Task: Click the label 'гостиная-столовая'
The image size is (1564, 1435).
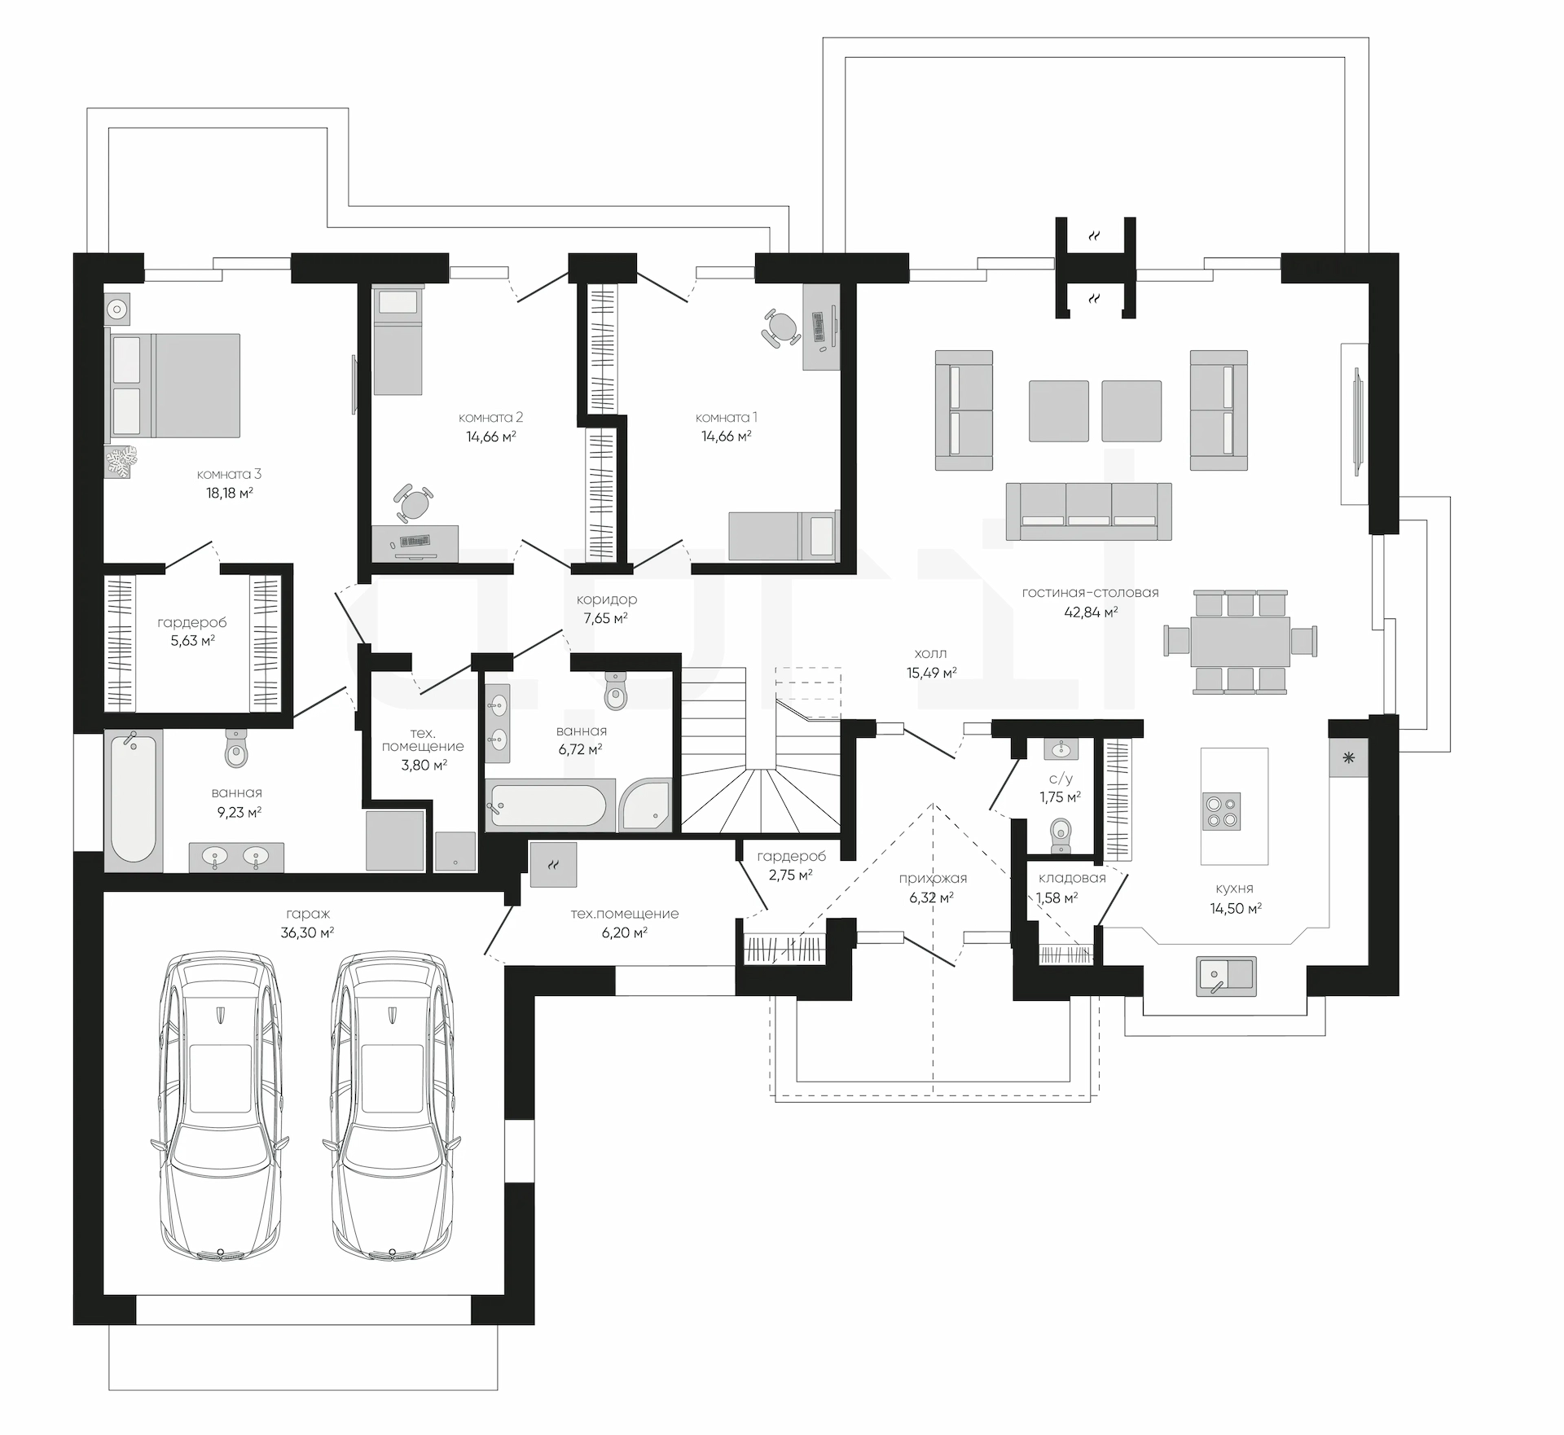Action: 1090,593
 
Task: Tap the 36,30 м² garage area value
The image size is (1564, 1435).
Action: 307,933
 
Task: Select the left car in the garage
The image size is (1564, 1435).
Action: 220,1109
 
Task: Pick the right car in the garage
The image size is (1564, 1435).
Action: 392,1109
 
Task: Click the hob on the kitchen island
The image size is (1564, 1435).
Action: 1222,811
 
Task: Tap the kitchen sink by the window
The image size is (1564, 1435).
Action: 1226,976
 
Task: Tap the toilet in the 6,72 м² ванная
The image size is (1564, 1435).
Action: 617,691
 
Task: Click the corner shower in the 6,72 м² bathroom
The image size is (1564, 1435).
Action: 645,804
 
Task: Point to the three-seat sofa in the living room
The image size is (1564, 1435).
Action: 1088,511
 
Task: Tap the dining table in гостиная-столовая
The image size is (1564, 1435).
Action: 1241,640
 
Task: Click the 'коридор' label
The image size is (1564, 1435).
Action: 607,599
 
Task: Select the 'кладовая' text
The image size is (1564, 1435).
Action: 1072,878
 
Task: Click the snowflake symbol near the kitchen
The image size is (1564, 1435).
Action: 1349,759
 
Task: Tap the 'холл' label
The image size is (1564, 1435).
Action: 931,653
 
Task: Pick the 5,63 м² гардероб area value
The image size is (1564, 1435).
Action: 192,641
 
